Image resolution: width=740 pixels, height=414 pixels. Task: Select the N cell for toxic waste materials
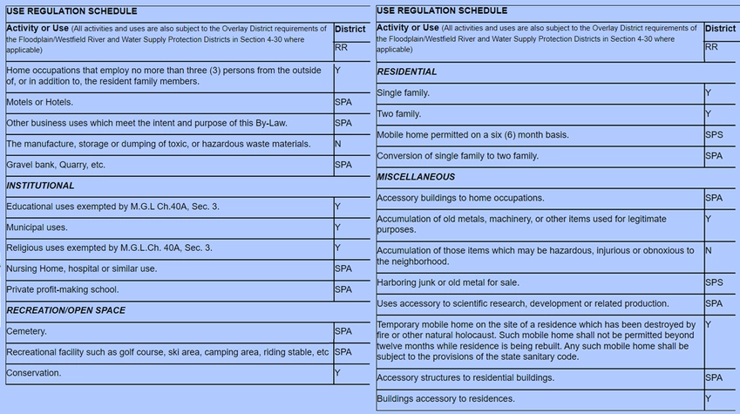click(337, 144)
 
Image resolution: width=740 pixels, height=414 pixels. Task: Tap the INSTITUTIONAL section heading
click(40, 186)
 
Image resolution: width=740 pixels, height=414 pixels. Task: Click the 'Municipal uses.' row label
click(37, 227)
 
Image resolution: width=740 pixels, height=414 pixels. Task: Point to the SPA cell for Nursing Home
click(343, 269)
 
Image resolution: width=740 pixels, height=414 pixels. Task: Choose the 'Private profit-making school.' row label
click(62, 289)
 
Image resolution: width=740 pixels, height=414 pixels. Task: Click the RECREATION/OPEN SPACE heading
click(66, 310)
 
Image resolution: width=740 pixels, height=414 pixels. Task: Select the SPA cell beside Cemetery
click(343, 332)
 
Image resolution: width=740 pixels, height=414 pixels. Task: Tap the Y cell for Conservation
click(337, 373)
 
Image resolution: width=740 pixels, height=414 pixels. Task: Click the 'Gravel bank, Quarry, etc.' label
click(56, 165)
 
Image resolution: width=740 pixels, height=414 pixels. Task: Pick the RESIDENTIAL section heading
click(407, 71)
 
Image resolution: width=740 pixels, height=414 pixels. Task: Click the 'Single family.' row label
click(403, 92)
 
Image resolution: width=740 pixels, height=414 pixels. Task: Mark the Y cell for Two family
click(708, 114)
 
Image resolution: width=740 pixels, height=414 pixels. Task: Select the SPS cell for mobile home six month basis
click(714, 135)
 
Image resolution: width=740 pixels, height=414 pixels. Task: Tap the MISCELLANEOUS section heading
click(415, 177)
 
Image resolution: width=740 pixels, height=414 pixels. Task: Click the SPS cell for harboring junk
click(714, 283)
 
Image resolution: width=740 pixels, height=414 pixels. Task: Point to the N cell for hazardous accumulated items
click(708, 251)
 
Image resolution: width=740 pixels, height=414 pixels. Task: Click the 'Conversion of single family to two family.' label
click(458, 156)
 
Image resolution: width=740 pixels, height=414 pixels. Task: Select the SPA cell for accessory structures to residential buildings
click(714, 378)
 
